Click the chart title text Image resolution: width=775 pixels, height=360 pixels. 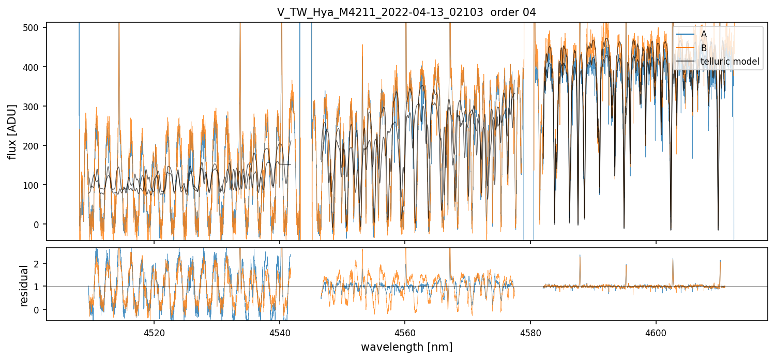tap(406, 12)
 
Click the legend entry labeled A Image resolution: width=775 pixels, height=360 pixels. tap(704, 34)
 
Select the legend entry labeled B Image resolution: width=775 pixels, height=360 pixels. tap(704, 48)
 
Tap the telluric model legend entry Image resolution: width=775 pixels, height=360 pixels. tap(730, 62)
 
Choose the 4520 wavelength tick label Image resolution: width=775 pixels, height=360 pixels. tap(154, 333)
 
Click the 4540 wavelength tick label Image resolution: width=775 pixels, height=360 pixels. tap(280, 333)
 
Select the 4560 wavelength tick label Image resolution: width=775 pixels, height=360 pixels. tap(405, 333)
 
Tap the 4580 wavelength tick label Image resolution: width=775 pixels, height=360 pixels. tap(530, 333)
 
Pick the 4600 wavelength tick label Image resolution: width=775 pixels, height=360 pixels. tap(656, 333)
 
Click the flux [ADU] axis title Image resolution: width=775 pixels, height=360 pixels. tap(11, 131)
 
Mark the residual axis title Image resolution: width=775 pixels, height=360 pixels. tap(24, 286)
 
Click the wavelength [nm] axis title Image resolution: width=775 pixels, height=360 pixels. tap(406, 347)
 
